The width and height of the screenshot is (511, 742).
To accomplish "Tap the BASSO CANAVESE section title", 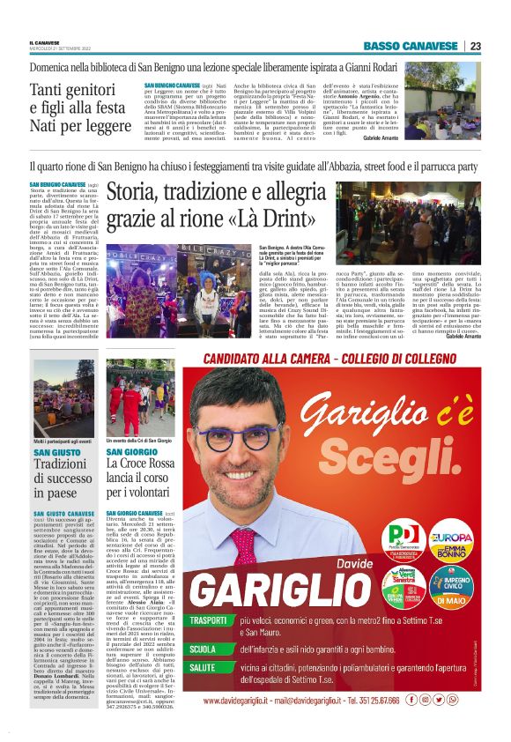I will click(411, 46).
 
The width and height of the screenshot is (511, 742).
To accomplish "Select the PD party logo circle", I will click(381, 535).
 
